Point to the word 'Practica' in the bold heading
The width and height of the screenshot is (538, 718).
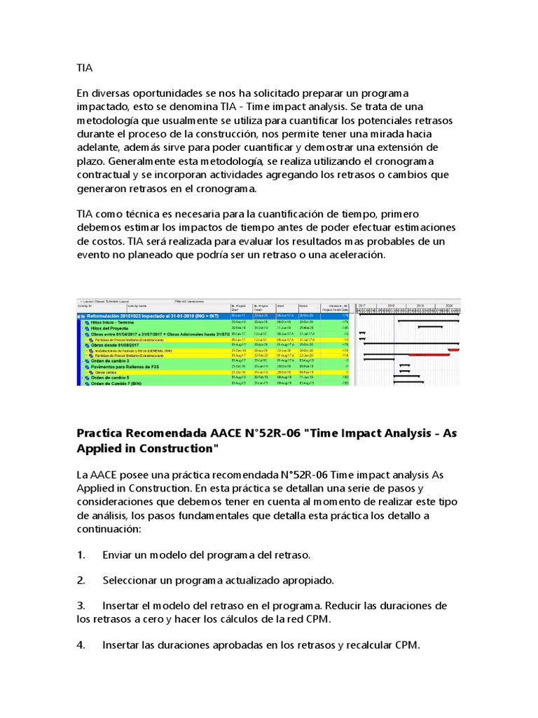104,434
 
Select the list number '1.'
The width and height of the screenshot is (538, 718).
81,555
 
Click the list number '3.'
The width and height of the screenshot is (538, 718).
81,605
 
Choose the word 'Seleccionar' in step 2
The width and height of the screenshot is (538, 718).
134,580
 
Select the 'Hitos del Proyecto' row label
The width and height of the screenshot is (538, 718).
112,327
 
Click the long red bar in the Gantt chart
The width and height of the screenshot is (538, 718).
429,355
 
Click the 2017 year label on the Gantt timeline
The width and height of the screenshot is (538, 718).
362,306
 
